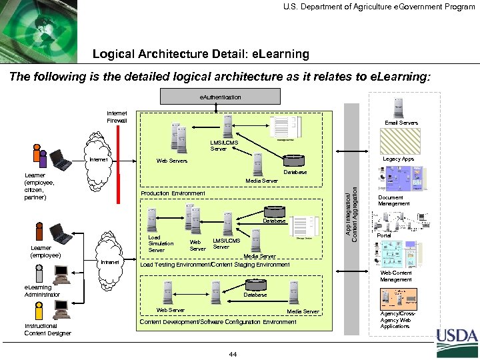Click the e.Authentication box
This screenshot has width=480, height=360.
pos(221,97)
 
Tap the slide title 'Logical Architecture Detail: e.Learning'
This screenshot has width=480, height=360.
pos(201,53)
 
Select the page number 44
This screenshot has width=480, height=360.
pos(233,353)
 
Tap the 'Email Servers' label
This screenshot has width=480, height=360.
pos(401,123)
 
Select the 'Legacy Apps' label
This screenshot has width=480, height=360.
pos(398,159)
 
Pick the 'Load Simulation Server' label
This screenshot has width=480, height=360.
pos(160,243)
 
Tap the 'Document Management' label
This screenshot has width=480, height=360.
pos(394,201)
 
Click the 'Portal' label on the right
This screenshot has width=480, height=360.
pos(384,236)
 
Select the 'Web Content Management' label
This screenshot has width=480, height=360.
pos(396,276)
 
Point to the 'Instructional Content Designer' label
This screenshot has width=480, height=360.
pos(47,329)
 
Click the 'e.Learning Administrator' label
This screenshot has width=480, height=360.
pos(42,291)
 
